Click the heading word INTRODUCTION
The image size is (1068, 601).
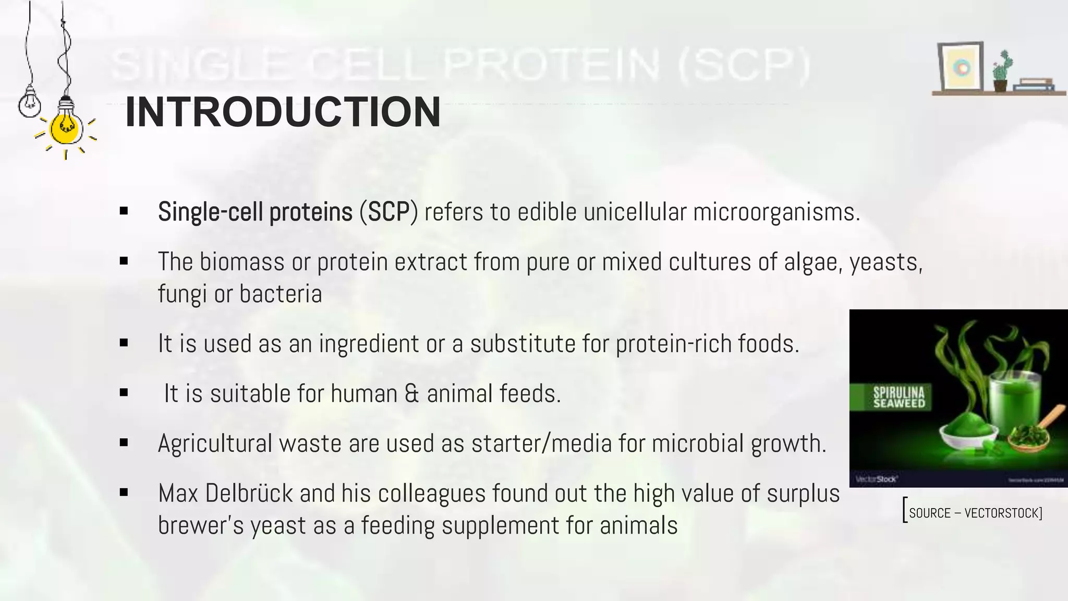283,112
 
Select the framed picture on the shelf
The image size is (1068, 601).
960,67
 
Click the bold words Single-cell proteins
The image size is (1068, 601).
255,212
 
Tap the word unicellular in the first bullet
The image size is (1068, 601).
635,212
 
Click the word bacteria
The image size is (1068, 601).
281,294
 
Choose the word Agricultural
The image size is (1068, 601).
215,443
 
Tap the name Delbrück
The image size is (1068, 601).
249,494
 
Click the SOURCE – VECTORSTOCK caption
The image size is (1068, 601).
974,513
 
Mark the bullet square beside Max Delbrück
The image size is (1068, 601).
124,492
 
